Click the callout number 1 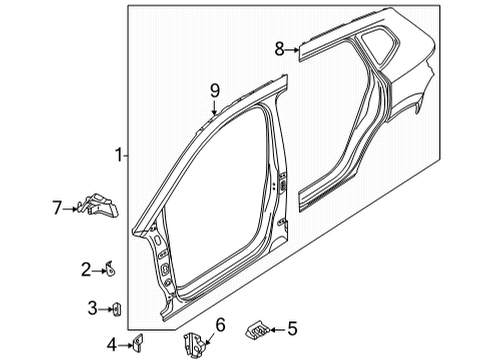pyautogui.click(x=119, y=155)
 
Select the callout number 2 pyautogui.click(x=86, y=270)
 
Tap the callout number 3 pyautogui.click(x=92, y=308)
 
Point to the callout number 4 pyautogui.click(x=112, y=345)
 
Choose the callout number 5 pyautogui.click(x=292, y=329)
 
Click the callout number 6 pyautogui.click(x=220, y=325)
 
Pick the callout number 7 pyautogui.click(x=57, y=208)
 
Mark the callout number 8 pyautogui.click(x=279, y=49)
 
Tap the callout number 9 pyautogui.click(x=215, y=91)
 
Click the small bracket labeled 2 pyautogui.click(x=109, y=269)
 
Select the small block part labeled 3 pyautogui.click(x=117, y=309)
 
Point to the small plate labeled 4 pyautogui.click(x=137, y=342)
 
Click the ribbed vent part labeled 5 pyautogui.click(x=257, y=330)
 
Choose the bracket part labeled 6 pyautogui.click(x=194, y=343)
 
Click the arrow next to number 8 pyautogui.click(x=292, y=50)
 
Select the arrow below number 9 pyautogui.click(x=214, y=107)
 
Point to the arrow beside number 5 pyautogui.click(x=278, y=330)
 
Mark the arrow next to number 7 pyautogui.click(x=70, y=209)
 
